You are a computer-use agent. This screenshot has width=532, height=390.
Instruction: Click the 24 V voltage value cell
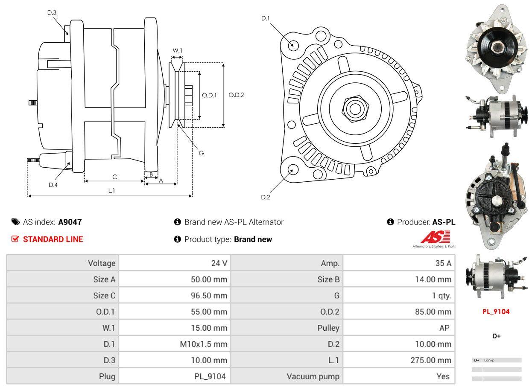pos(219,263)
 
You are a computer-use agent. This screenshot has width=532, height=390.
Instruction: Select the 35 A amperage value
pos(443,263)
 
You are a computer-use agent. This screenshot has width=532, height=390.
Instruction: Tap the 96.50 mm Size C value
pos(209,295)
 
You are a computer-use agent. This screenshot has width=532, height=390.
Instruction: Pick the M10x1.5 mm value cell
pos(204,344)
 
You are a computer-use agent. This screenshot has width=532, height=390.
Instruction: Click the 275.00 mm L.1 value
pos(431,360)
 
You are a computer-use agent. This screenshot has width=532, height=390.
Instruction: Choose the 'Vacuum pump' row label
pos(313,376)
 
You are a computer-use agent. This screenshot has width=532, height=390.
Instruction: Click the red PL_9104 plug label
pos(496,311)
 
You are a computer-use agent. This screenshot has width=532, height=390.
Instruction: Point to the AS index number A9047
pos(70,222)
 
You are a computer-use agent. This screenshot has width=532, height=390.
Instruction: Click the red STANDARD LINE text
pos(53,239)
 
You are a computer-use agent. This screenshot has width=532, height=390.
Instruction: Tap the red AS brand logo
pos(435,237)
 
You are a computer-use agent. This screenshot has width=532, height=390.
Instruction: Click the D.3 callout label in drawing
pos(52,12)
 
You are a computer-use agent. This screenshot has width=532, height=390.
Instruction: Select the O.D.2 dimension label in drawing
pos(236,95)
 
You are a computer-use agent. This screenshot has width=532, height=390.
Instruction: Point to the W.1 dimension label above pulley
pos(177,51)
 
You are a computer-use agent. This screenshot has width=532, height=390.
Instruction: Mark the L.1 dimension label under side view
pos(111,190)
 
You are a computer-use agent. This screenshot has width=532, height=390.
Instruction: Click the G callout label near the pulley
pos(201,153)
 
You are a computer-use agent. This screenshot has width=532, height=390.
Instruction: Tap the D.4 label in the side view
pos(53,185)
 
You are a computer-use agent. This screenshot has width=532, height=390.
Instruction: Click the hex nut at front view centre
pos(354,108)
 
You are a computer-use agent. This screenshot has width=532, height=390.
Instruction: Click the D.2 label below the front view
pos(266,197)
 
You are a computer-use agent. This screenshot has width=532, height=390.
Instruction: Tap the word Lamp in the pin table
pos(489,360)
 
